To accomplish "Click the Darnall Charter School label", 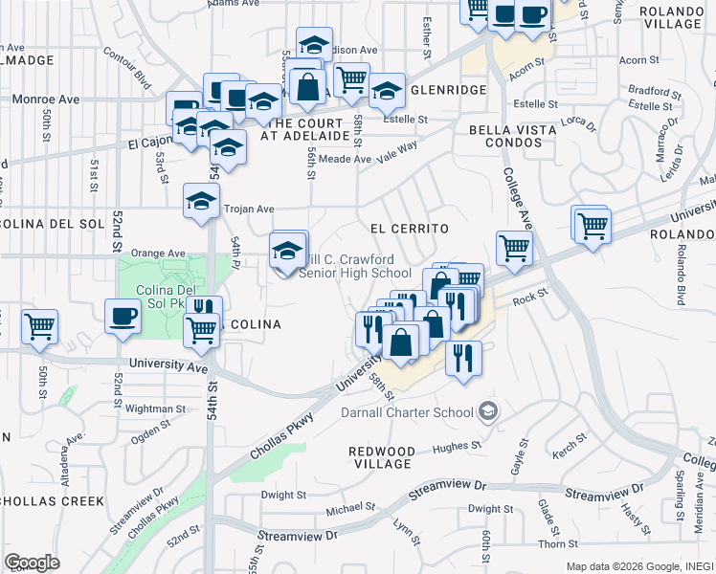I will tap(408, 413).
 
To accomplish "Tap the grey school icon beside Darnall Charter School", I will tap(488, 412).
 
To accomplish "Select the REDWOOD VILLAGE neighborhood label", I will tap(381, 457).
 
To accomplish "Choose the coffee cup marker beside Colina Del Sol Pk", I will tap(123, 316).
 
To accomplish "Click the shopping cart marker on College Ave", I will tap(515, 248).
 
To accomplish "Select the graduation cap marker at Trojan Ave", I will tap(201, 202).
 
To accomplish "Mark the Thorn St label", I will tap(552, 543).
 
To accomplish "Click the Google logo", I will tap(32, 563).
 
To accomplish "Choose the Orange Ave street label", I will tap(158, 254).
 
